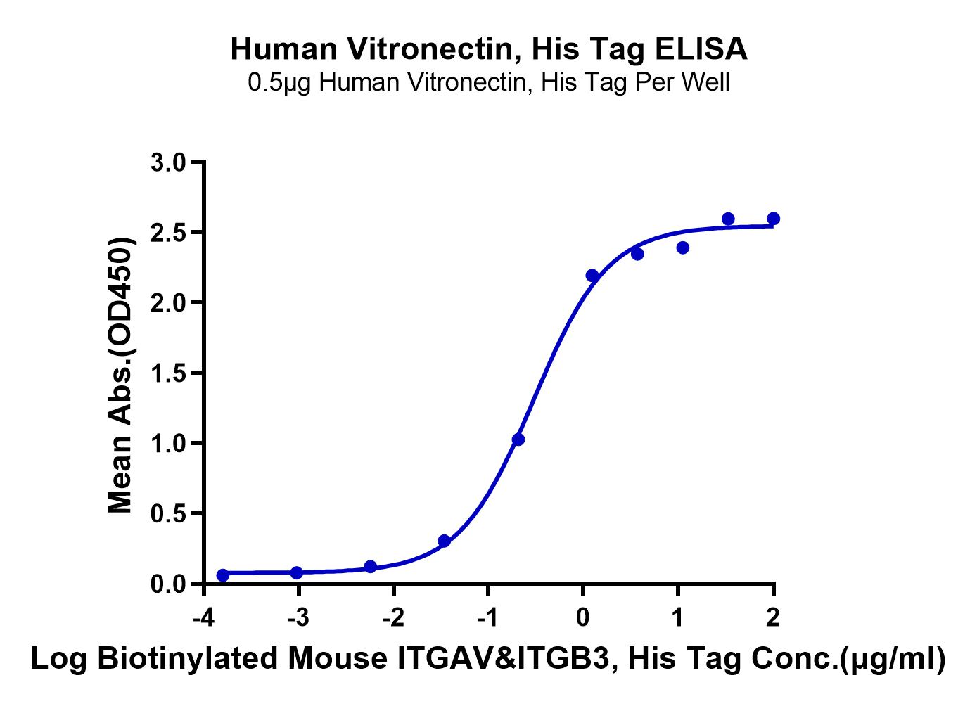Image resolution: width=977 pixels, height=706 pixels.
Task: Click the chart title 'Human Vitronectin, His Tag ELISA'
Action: pyautogui.click(x=489, y=49)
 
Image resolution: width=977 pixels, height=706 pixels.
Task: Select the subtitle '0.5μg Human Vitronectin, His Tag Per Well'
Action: pyautogui.click(x=489, y=83)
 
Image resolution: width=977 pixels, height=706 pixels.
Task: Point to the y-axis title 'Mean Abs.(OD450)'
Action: pyautogui.click(x=121, y=373)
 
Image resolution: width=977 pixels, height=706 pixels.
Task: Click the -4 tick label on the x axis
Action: pyautogui.click(x=204, y=618)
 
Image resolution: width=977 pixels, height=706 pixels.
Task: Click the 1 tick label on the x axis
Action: pyautogui.click(x=678, y=618)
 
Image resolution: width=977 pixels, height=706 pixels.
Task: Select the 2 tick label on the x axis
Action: pyautogui.click(x=773, y=618)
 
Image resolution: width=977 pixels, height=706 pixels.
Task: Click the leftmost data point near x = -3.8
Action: pyautogui.click(x=223, y=575)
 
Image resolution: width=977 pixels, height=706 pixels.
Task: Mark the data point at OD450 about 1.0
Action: pyautogui.click(x=518, y=439)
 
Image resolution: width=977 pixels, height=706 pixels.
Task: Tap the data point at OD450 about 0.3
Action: pyautogui.click(x=444, y=541)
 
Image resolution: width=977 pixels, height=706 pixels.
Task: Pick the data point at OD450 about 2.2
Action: pyautogui.click(x=592, y=275)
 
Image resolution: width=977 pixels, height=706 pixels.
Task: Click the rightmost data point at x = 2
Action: pyautogui.click(x=774, y=218)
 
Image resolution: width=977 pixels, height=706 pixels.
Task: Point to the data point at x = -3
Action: pyautogui.click(x=297, y=573)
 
